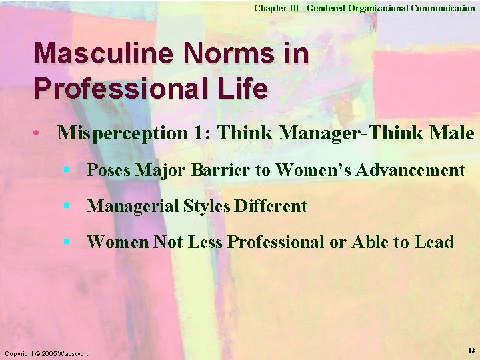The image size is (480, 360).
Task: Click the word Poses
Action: [x=109, y=171]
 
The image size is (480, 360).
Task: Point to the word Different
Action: [x=271, y=207]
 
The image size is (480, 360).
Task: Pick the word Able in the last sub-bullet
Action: [x=364, y=242]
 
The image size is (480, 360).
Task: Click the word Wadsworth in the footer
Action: [x=75, y=353]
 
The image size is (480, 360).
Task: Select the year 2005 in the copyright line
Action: [x=49, y=353]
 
